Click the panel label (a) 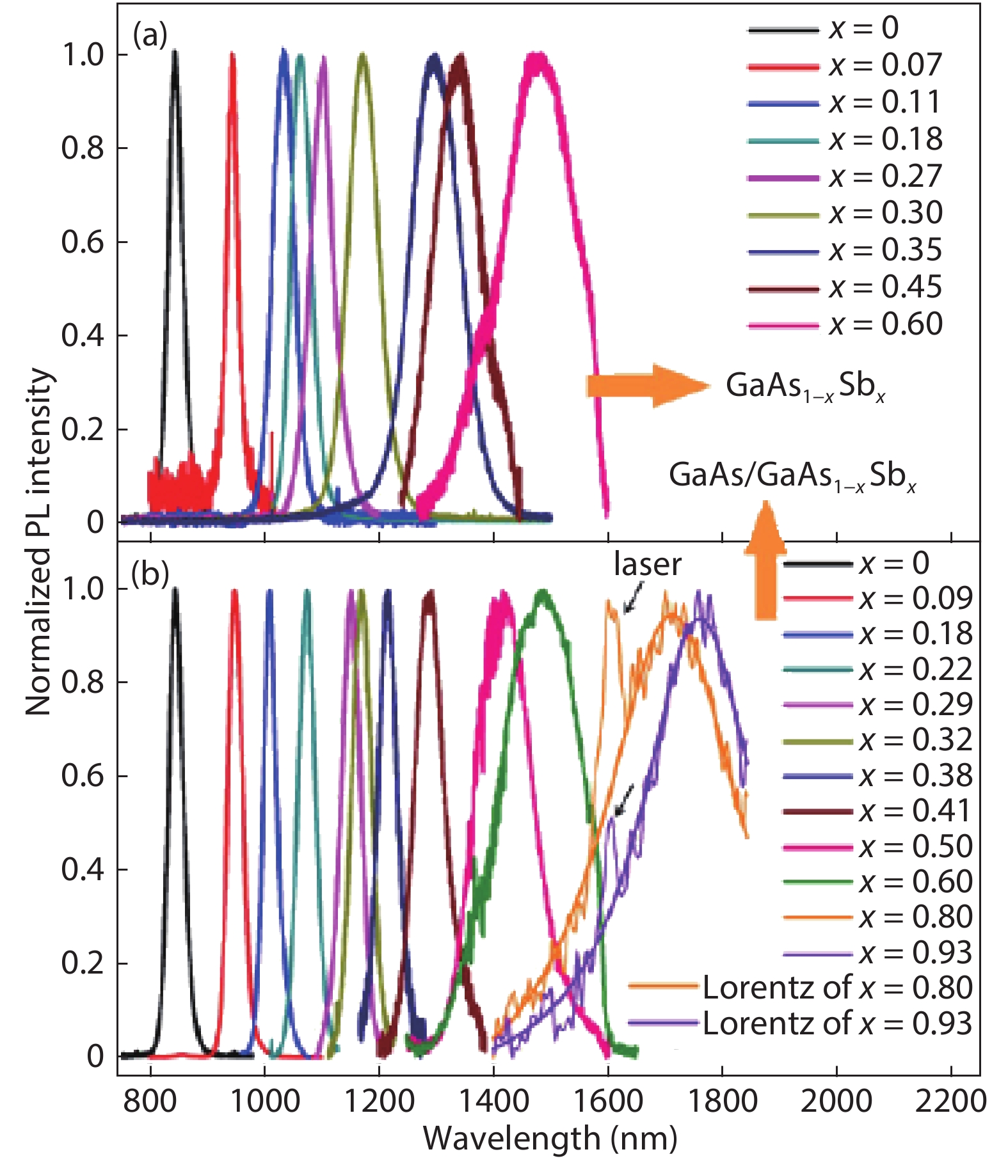tap(150, 36)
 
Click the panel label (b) tap(150, 574)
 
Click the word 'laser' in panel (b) tap(647, 565)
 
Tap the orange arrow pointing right tap(648, 386)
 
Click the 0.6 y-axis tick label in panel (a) tap(83, 242)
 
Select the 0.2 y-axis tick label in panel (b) tap(83, 963)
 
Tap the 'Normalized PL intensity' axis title tap(38, 541)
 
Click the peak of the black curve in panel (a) tap(175, 52)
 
